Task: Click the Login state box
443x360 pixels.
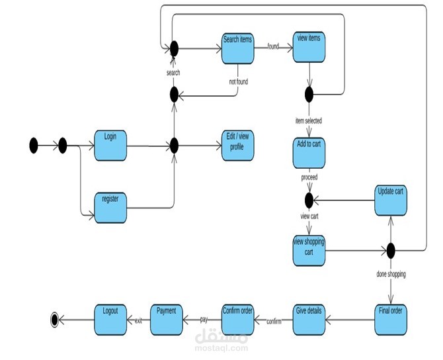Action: click(110, 145)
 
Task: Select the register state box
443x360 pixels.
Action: click(110, 207)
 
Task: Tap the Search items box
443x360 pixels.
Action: click(237, 48)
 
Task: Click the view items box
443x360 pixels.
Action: click(309, 48)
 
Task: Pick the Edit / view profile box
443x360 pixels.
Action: click(237, 145)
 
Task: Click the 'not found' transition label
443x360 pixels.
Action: click(237, 82)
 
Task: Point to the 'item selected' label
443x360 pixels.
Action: click(308, 121)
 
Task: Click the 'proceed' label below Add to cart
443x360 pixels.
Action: click(309, 178)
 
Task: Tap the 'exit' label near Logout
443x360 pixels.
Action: click(138, 320)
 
